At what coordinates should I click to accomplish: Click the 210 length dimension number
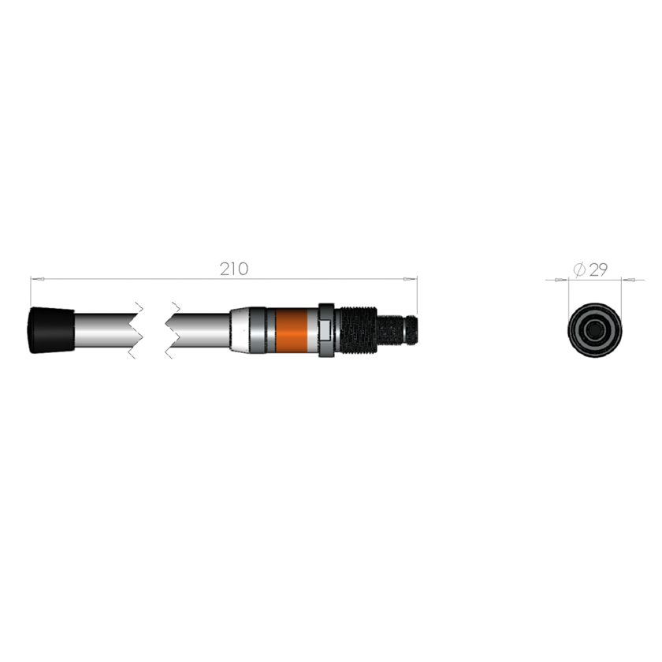point(234,269)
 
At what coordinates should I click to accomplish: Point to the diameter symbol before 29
point(578,270)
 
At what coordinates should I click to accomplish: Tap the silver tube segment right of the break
point(201,329)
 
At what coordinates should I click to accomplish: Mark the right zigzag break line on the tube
point(169,329)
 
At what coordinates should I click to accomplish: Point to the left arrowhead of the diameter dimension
point(562,279)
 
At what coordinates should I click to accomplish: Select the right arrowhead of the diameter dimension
point(628,279)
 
